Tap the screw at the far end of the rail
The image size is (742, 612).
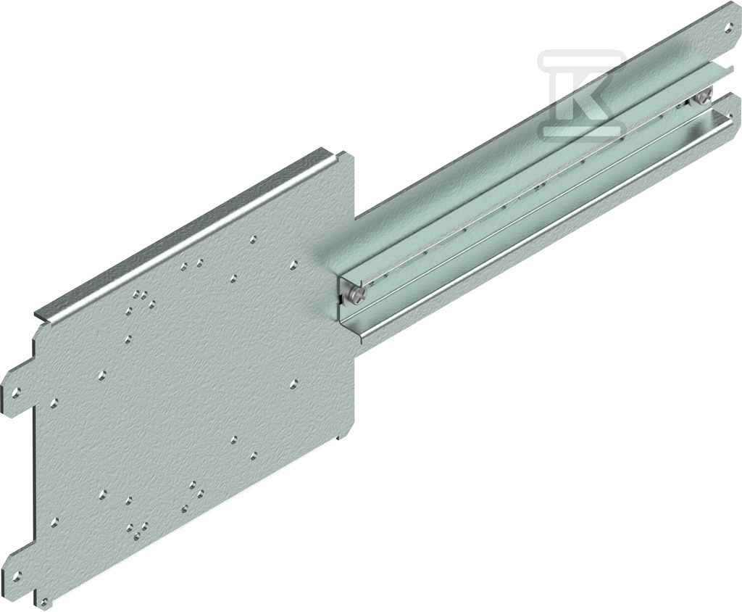[x=703, y=98]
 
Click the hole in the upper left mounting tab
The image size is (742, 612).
[x=17, y=392]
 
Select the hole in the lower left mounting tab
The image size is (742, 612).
[x=17, y=576]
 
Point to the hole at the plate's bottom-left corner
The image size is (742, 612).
[x=44, y=603]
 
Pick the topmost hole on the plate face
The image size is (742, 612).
[x=254, y=239]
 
